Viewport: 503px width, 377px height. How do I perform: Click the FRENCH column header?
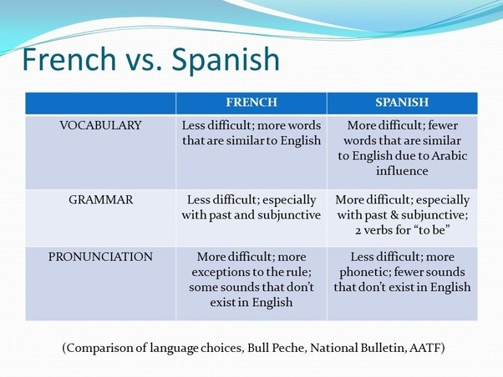pos(251,103)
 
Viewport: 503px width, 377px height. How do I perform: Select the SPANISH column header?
pos(402,103)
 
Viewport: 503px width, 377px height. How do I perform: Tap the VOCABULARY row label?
pos(100,125)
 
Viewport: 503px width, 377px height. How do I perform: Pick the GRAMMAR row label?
pos(100,200)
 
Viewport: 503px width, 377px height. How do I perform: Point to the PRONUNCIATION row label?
pos(100,257)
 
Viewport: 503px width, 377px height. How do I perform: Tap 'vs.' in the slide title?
pos(149,60)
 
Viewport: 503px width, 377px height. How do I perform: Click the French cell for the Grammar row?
pos(251,208)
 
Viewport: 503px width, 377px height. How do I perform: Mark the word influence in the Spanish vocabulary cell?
pos(402,170)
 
